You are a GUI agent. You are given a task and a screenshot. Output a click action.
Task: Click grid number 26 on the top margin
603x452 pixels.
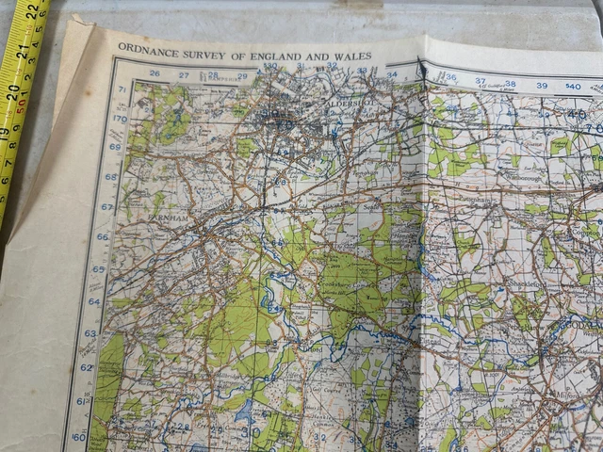(154, 73)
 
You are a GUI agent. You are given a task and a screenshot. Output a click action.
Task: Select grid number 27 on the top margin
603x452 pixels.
(184, 74)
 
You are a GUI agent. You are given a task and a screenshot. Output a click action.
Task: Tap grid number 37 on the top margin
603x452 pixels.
(481, 82)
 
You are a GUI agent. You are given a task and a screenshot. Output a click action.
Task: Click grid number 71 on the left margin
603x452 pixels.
(122, 90)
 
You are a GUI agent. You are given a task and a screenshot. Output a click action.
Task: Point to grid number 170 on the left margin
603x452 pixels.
(119, 120)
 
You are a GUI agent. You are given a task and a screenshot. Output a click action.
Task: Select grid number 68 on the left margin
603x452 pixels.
(111, 177)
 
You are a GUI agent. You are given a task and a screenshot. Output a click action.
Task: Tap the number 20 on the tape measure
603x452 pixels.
(14, 91)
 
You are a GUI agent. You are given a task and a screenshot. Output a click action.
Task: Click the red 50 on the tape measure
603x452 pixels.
(19, 106)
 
